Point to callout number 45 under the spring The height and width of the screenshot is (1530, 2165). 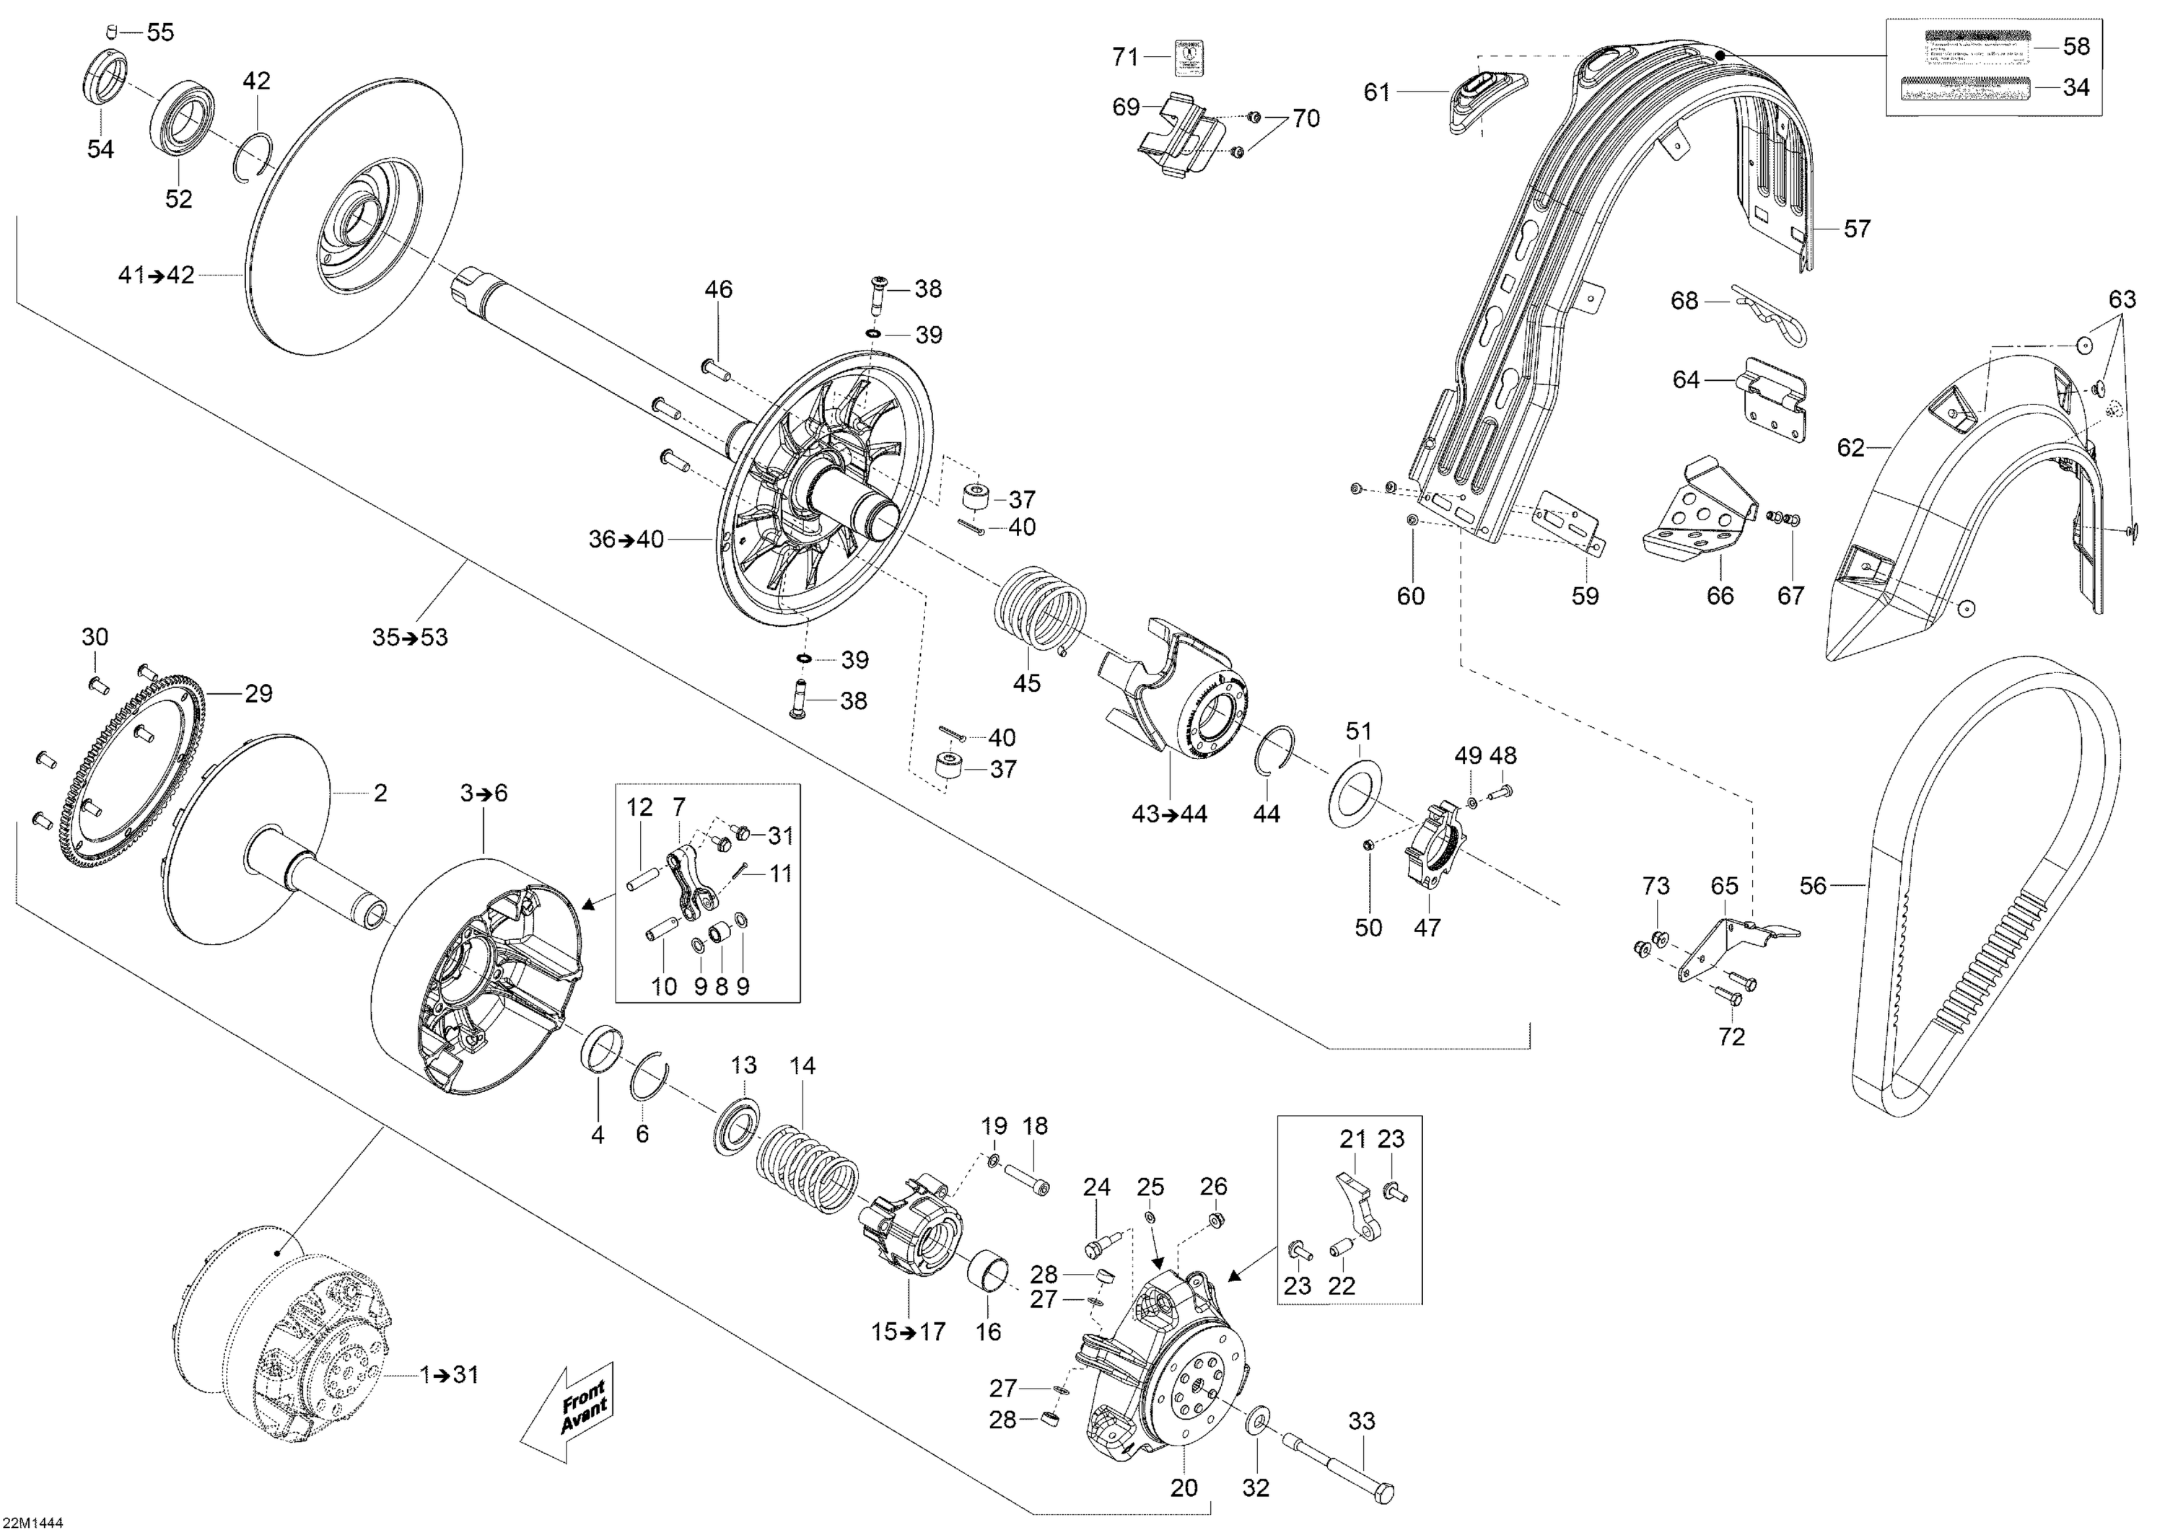(x=1026, y=683)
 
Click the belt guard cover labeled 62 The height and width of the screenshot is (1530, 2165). (x=1961, y=491)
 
